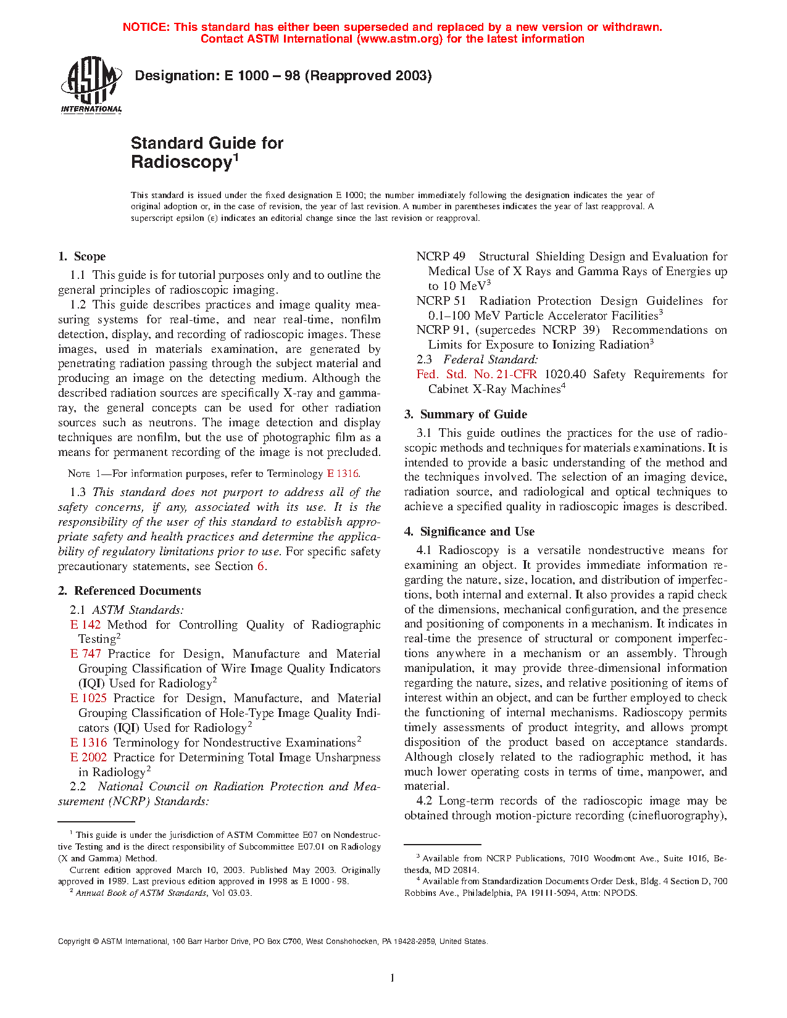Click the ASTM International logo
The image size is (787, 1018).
(x=91, y=85)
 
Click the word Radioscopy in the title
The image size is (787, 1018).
(x=181, y=162)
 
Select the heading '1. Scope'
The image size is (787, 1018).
(x=81, y=257)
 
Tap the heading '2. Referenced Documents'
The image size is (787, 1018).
(x=130, y=591)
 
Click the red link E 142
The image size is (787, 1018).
(x=85, y=625)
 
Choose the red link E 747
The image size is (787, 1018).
(x=85, y=654)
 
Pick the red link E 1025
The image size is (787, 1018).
(x=88, y=698)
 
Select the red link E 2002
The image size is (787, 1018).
(x=88, y=758)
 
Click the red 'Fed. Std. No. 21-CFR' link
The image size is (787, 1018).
(x=477, y=375)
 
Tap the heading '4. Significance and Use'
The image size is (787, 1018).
(x=470, y=532)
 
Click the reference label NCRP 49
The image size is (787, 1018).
(x=441, y=257)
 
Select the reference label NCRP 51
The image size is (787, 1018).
(x=441, y=301)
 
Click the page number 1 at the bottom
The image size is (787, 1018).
(x=393, y=977)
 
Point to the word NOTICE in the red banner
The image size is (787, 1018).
(x=146, y=27)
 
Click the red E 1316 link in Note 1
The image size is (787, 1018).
(x=343, y=474)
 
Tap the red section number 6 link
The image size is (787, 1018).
(x=261, y=566)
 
